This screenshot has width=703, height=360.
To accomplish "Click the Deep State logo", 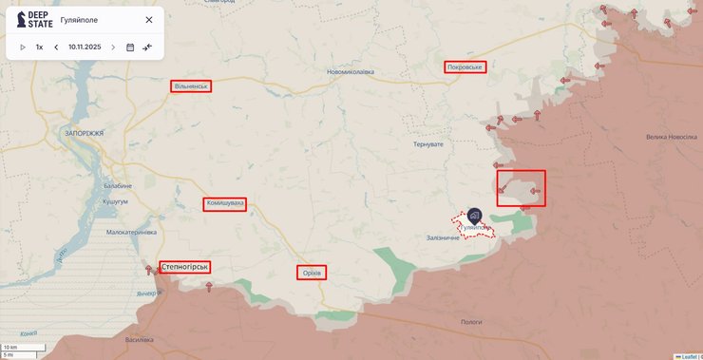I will [35, 19].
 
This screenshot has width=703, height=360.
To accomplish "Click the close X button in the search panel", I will [149, 19].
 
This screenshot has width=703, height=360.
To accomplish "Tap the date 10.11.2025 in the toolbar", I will [85, 47].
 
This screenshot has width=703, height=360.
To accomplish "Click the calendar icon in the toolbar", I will [130, 47].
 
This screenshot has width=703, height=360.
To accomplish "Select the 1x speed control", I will [39, 47].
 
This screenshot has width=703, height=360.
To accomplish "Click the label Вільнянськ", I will [191, 85].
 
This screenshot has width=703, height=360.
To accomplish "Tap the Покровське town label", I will [465, 67].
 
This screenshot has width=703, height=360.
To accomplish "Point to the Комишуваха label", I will [224, 203].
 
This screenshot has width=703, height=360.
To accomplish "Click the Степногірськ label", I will [184, 267].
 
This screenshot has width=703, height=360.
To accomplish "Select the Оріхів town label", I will [311, 273].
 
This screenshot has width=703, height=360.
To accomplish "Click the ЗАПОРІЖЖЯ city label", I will [85, 134].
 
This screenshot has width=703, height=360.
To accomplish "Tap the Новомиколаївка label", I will [351, 72].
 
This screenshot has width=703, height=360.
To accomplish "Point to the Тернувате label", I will [427, 143].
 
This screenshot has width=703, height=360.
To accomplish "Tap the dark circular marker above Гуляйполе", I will [474, 215].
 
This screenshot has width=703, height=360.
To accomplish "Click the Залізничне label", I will [443, 237].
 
